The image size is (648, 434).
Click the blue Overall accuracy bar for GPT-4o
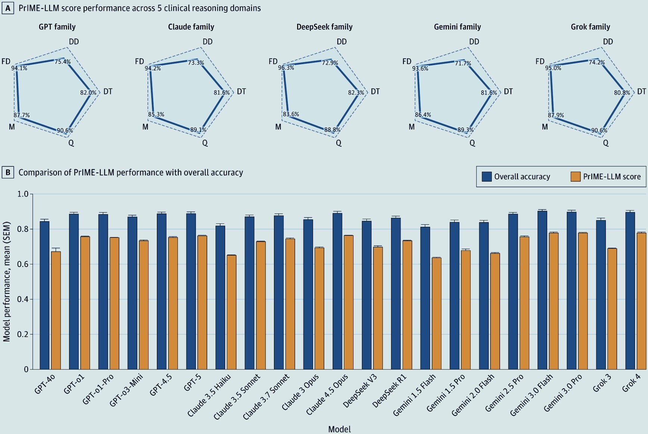click(x=44, y=295)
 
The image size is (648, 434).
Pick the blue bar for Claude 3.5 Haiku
click(x=220, y=298)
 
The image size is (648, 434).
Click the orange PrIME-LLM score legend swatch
click(x=576, y=177)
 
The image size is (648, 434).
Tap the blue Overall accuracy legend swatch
click(x=487, y=177)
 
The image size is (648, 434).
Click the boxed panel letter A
click(x=8, y=8)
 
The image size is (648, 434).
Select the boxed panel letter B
click(x=8, y=172)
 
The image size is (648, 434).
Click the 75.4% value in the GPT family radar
click(x=63, y=62)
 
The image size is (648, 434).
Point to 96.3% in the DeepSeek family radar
click(x=286, y=68)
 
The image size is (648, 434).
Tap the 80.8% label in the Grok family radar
click(x=622, y=93)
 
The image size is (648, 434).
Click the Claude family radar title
click(x=191, y=27)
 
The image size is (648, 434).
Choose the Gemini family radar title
click(x=457, y=27)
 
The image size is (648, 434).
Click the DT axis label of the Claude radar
click(x=242, y=92)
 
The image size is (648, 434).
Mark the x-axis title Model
click(x=339, y=429)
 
